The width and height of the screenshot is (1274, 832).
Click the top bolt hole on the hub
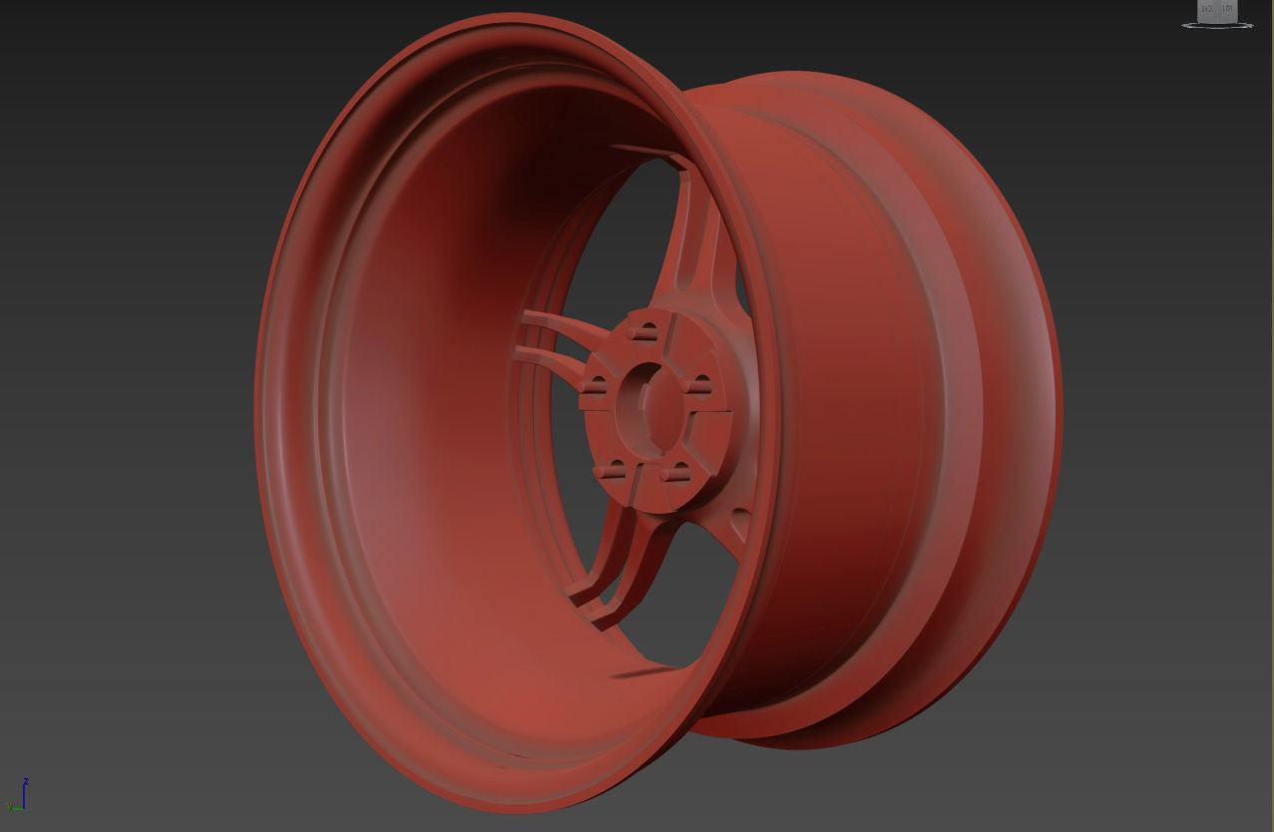(647, 330)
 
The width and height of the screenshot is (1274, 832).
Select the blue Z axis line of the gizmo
(25, 795)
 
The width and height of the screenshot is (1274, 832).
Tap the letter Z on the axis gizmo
(26, 780)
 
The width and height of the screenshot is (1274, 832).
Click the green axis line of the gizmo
(16, 807)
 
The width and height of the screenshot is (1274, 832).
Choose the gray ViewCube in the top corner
(1217, 10)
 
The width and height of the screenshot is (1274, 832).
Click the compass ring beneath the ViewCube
(1217, 25)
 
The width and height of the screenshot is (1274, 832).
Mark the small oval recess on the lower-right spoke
(739, 519)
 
